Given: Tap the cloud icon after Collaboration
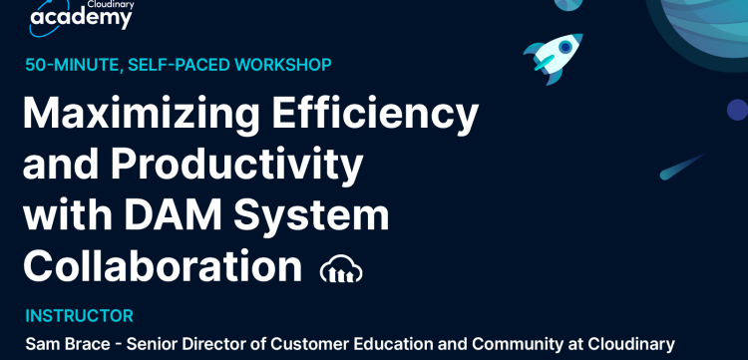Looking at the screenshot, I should (x=341, y=268).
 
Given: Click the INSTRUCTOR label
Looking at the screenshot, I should (x=80, y=316).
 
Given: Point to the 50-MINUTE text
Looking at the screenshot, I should (x=71, y=65).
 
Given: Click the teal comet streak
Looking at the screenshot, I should (x=681, y=166).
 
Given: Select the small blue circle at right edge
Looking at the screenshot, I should (x=737, y=110).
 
